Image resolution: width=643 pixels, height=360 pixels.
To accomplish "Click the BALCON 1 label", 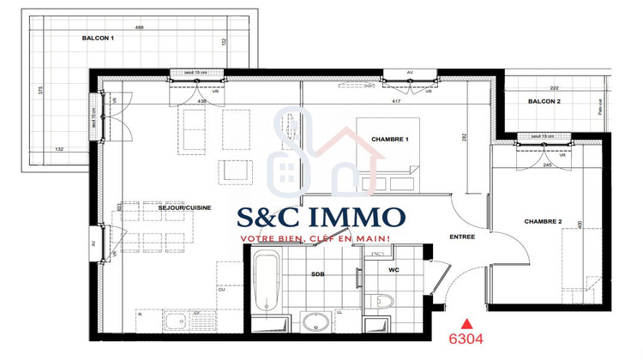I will tap(98, 39).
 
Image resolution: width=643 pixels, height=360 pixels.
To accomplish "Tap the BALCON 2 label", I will tap(544, 102).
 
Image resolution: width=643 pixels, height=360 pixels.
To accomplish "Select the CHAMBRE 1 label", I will tap(390, 140).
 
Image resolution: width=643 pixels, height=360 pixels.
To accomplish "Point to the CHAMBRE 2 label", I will tap(543, 222).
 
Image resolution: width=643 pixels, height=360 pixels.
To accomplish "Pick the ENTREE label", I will tap(462, 236).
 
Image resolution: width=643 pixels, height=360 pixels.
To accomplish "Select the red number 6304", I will tap(466, 339).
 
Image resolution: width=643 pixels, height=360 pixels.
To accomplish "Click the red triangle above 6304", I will tap(466, 323).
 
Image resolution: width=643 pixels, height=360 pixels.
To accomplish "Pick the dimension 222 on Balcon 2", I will tap(555, 88).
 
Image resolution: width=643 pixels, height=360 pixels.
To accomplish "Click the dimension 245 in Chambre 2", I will tap(546, 165).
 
